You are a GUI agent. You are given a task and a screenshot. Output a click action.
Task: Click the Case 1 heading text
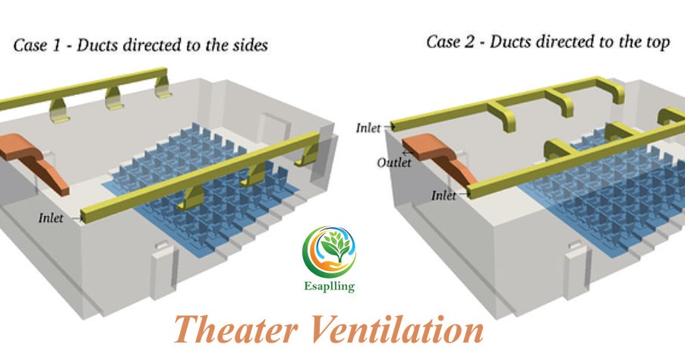[x=140, y=45]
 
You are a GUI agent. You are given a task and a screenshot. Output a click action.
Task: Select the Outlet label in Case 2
[x=394, y=163]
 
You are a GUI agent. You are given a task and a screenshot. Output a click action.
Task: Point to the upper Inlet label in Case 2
[x=371, y=128]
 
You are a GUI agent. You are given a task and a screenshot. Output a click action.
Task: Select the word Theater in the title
[x=231, y=331]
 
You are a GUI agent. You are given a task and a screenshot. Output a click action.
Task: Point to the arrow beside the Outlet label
[x=407, y=153]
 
